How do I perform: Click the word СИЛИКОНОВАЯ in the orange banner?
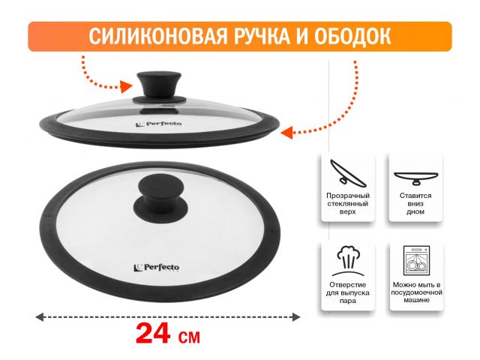coord(158,36)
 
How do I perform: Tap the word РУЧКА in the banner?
coord(262,36)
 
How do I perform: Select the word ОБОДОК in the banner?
coord(352,36)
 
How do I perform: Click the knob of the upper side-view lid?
coord(159,84)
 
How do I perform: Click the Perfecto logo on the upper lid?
coord(158,124)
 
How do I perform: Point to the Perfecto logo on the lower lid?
coord(157,268)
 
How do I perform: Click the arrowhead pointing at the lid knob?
coord(126,87)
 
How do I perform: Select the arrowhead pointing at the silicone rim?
coord(286,133)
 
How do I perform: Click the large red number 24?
coord(153,334)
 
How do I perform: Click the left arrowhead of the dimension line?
coord(40,316)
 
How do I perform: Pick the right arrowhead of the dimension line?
coord(296,316)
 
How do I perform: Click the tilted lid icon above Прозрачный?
coord(348,173)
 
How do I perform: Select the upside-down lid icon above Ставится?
coord(415,178)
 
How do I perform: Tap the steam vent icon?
coord(348,260)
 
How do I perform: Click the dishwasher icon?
coord(416,260)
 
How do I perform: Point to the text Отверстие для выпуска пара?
coord(348,292)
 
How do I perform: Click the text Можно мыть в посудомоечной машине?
coord(416,292)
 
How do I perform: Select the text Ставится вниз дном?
coord(415,203)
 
